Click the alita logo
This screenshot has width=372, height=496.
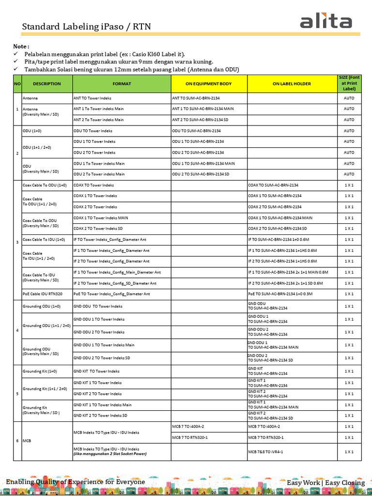tap(325, 22)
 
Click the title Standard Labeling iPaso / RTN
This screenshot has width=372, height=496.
tap(86, 26)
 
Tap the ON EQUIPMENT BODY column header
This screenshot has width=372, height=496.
tap(209, 84)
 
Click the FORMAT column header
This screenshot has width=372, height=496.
tap(122, 84)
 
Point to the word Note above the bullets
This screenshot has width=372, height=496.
tap(21, 46)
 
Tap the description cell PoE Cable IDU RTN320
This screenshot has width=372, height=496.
tap(43, 294)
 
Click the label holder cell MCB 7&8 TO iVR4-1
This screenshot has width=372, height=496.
tap(265, 451)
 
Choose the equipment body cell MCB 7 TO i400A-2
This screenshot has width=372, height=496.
tap(188, 427)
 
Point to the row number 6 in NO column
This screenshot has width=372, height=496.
tap(17, 440)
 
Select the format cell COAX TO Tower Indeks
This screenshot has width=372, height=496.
tap(93, 185)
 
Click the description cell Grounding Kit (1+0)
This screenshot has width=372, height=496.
tap(40, 372)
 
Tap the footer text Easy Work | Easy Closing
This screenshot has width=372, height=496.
tap(325, 482)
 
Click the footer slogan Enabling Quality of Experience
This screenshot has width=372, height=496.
tap(75, 481)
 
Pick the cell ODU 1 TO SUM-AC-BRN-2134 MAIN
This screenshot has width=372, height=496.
tap(203, 163)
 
